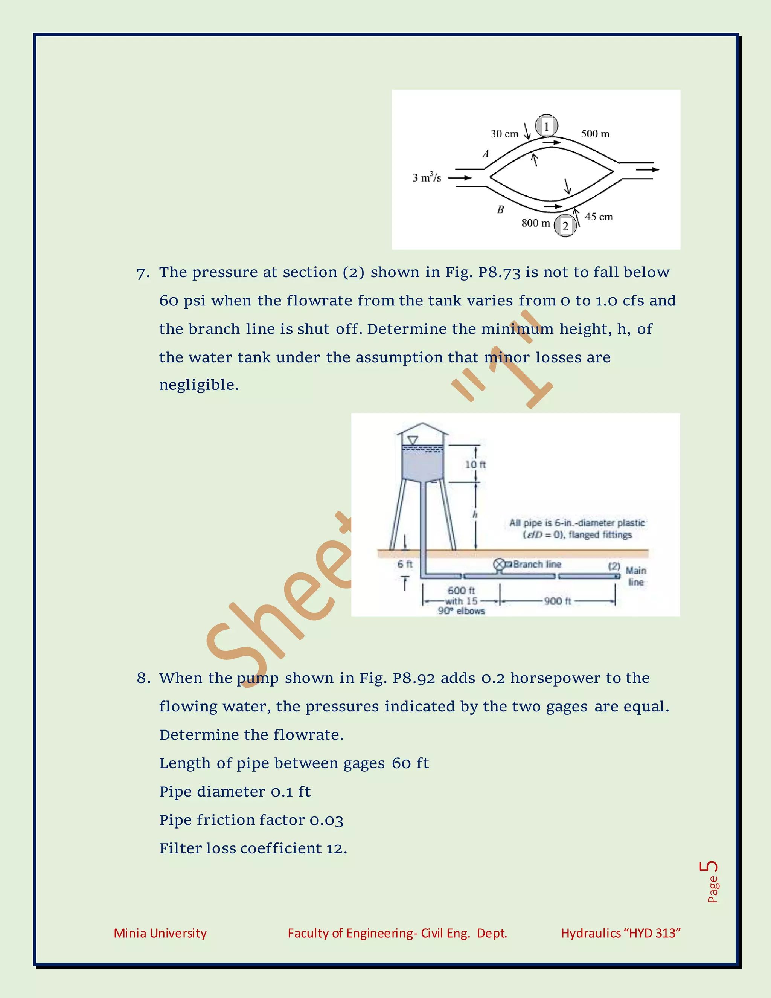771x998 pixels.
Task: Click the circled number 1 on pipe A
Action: (x=546, y=126)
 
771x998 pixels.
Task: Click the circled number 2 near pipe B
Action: (x=565, y=226)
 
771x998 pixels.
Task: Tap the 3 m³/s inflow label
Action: (x=427, y=177)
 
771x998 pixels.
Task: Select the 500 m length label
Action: (x=595, y=134)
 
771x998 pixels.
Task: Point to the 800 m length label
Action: (x=535, y=223)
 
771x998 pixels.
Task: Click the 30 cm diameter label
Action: (x=504, y=134)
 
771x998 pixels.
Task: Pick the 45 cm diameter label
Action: (x=599, y=217)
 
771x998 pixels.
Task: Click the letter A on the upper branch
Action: (x=486, y=154)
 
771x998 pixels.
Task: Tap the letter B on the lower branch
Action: (x=500, y=210)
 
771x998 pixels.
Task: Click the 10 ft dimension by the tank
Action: (x=475, y=464)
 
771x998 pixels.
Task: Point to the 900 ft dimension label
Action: (x=557, y=601)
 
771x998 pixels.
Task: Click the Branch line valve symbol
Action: (x=499, y=565)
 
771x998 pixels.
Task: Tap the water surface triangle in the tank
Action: (x=413, y=441)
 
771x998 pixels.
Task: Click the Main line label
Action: (x=635, y=576)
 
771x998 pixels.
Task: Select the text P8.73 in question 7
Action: (x=499, y=272)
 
